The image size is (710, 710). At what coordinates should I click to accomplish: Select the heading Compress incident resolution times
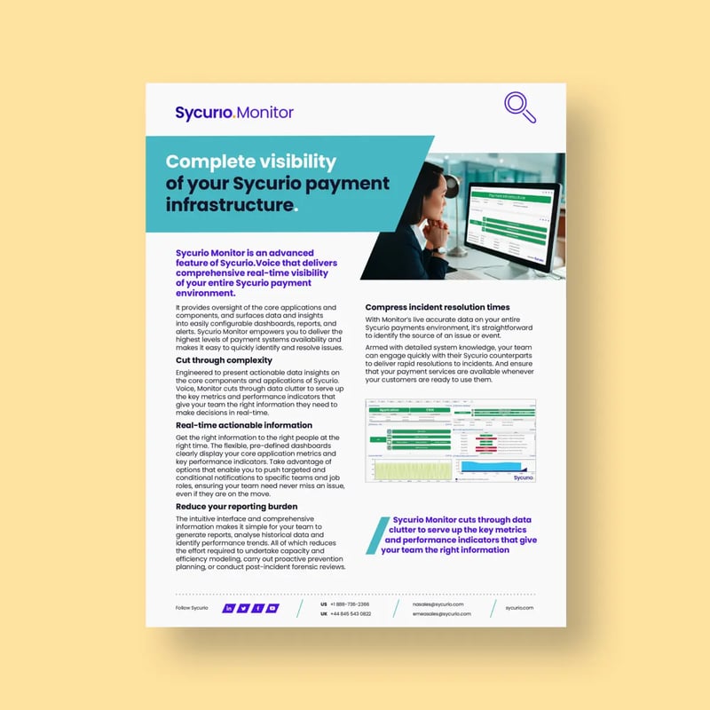click(438, 307)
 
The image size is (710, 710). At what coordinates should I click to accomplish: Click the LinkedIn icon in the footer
click(229, 608)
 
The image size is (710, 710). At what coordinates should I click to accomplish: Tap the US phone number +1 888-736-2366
click(351, 603)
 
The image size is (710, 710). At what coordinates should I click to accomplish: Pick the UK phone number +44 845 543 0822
click(352, 614)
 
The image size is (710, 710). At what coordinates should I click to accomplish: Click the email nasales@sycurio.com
click(438, 603)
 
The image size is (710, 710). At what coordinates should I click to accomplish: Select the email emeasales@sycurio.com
click(442, 614)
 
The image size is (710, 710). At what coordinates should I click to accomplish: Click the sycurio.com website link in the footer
click(519, 608)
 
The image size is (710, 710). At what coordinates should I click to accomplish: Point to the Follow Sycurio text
click(193, 608)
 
